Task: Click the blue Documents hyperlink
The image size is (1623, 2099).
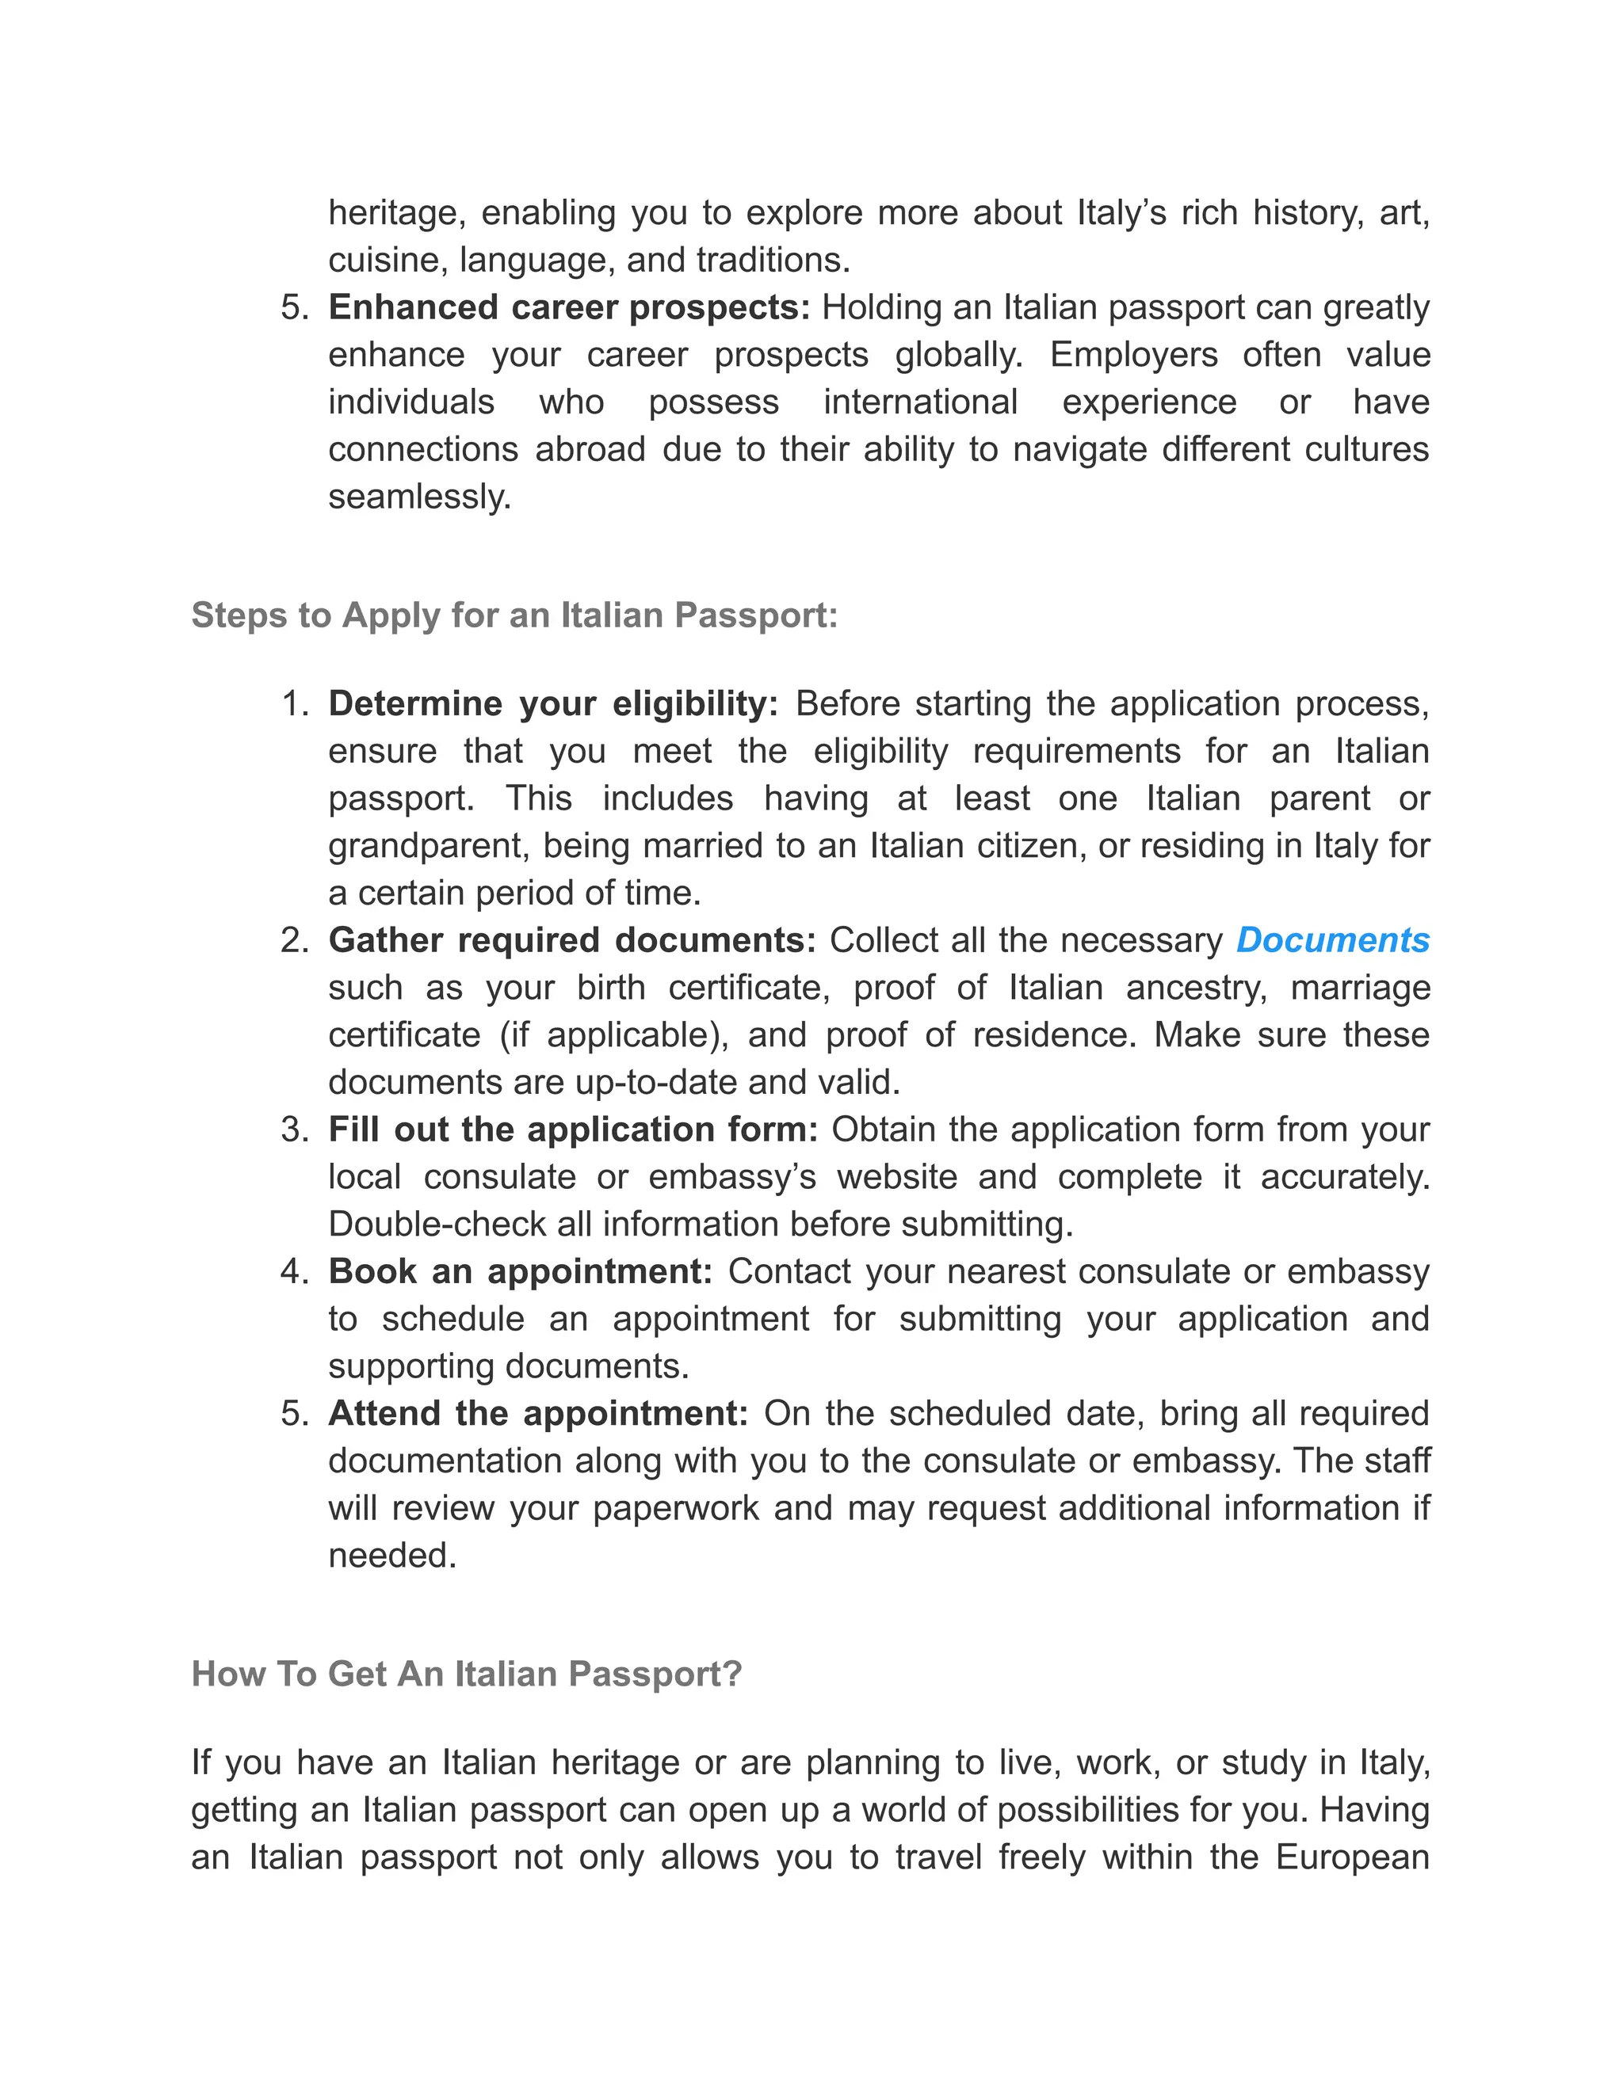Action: point(1333,940)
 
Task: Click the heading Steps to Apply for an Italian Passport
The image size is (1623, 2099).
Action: point(514,615)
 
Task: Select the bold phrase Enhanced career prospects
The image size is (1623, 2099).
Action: point(569,307)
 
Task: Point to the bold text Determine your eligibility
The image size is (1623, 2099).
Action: point(553,703)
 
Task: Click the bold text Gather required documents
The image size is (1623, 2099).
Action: point(572,940)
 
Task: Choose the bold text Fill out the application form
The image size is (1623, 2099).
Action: point(573,1129)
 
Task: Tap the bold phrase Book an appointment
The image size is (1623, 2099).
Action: point(520,1271)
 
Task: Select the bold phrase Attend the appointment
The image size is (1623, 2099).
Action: point(537,1414)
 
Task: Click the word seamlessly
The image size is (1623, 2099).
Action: point(419,497)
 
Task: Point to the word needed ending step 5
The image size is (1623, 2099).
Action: point(391,1555)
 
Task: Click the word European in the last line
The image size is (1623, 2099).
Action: point(1352,1857)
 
